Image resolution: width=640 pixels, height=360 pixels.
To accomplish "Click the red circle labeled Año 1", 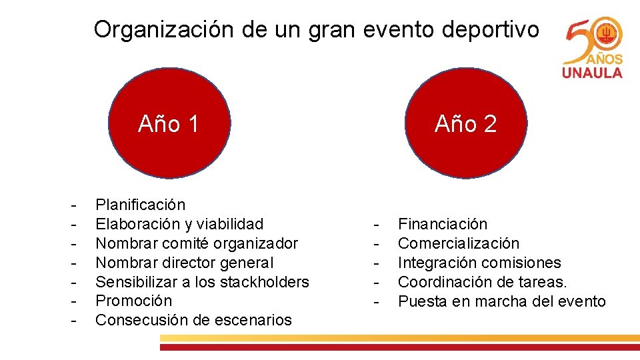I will tap(169, 124).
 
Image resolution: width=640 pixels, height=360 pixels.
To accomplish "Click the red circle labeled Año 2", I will tap(465, 124).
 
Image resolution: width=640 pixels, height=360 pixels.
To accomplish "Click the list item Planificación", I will tap(141, 205).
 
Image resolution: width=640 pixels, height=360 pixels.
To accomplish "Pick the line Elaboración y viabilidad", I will tap(179, 224).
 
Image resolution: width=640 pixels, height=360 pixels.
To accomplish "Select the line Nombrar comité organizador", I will tap(197, 243).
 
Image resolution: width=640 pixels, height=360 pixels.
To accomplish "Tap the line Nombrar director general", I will tap(185, 263).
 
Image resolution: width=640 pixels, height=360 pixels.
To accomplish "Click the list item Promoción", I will tap(133, 301).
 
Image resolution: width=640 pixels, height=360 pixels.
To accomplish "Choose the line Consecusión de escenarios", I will tap(193, 320).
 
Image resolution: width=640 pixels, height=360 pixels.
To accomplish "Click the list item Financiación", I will tap(443, 224).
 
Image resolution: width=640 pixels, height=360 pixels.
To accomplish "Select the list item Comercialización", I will tap(458, 243).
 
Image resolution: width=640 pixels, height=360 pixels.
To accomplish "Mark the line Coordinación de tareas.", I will tap(482, 282).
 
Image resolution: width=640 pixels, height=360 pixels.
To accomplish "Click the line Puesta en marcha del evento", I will tap(501, 301).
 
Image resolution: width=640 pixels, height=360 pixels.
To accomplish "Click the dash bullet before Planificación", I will tap(77, 205).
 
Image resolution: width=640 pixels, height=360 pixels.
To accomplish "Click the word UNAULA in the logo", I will tap(592, 72).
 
